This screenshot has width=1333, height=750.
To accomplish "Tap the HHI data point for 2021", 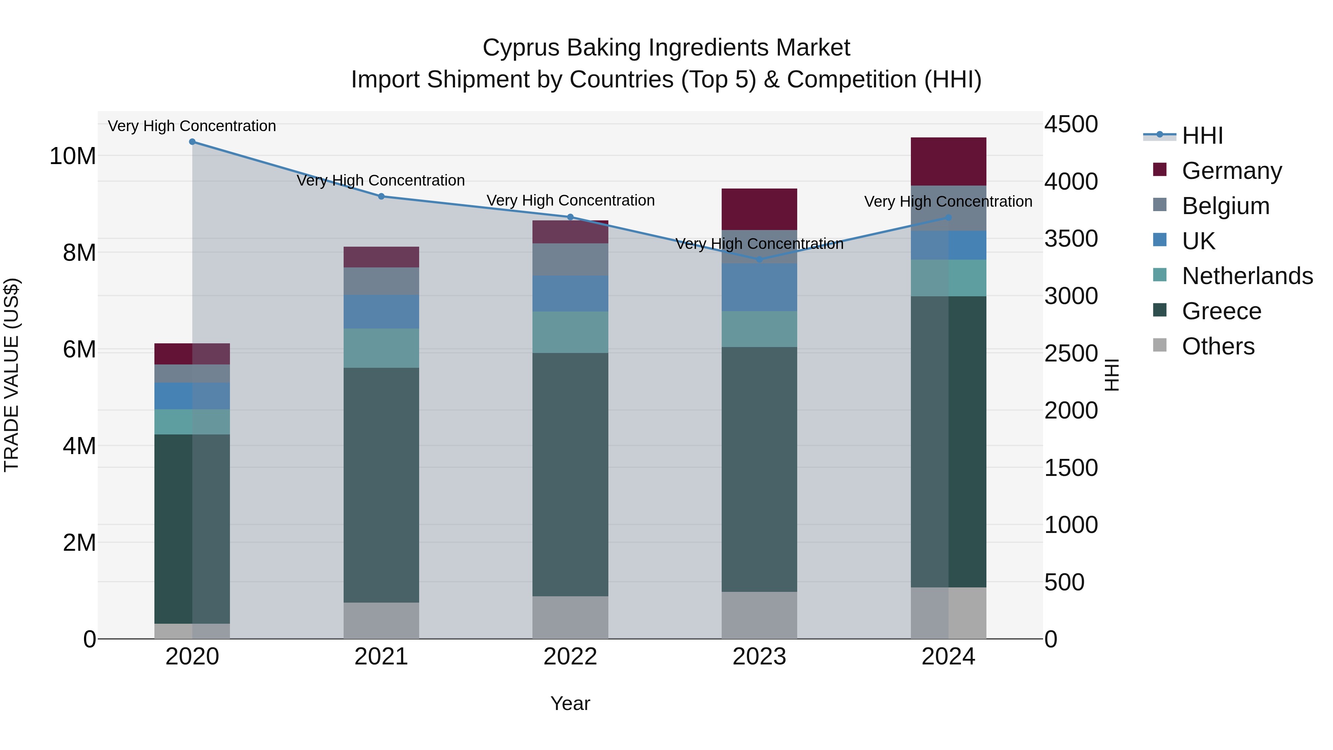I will click(x=381, y=197).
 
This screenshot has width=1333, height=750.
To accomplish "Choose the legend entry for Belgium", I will click(x=1225, y=206).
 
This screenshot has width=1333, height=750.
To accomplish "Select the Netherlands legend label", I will click(x=1247, y=276).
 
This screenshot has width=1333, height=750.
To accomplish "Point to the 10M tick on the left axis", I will click(x=73, y=156).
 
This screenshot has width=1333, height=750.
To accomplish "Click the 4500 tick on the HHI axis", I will click(x=1070, y=125).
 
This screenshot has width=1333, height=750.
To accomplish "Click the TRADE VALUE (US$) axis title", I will click(x=11, y=375).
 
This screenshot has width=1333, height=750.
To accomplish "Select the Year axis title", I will click(x=570, y=703).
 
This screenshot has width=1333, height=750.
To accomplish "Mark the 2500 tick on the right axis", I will click(x=1070, y=354).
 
